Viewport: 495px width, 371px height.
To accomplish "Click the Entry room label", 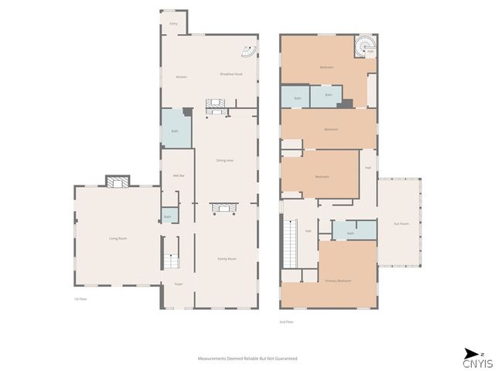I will (x=173, y=25).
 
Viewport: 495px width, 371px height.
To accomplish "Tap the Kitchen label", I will (x=182, y=77).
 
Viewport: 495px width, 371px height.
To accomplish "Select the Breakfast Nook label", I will (x=231, y=74).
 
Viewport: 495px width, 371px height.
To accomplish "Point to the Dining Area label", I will (x=225, y=160).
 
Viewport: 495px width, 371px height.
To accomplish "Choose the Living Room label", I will (x=118, y=239).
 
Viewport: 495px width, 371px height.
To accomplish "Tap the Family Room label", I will (x=226, y=258).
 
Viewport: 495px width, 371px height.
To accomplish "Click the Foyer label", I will (x=177, y=284).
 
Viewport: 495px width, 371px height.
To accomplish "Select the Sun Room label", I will (x=401, y=223).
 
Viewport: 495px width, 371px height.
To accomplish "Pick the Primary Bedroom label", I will (x=338, y=281).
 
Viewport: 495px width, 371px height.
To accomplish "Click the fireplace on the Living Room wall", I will (x=117, y=182).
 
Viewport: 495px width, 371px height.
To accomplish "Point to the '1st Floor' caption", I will (x=78, y=298).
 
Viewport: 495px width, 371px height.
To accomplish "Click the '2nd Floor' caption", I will (x=286, y=322).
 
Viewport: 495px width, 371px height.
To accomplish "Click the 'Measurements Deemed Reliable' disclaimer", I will (x=247, y=359).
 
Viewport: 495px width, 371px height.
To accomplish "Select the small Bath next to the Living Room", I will (x=168, y=216).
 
